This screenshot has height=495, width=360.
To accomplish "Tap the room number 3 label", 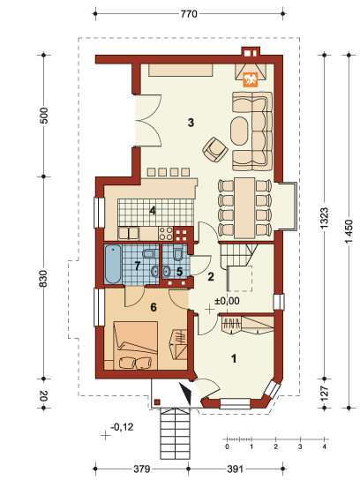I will (191, 122).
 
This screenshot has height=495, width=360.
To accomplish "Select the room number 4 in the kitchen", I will (153, 210).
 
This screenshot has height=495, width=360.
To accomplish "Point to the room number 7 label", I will (138, 264).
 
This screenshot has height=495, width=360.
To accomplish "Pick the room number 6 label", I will (153, 307).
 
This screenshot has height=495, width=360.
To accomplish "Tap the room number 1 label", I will (234, 358).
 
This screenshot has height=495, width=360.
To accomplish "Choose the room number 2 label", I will (210, 277).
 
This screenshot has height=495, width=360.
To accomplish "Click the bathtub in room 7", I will (114, 266).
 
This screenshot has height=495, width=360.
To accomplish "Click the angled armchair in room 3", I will (214, 150).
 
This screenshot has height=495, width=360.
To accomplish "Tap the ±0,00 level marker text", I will (228, 301).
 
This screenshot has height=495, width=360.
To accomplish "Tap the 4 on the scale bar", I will (325, 447).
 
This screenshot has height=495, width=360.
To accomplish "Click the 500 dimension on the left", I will (42, 116).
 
